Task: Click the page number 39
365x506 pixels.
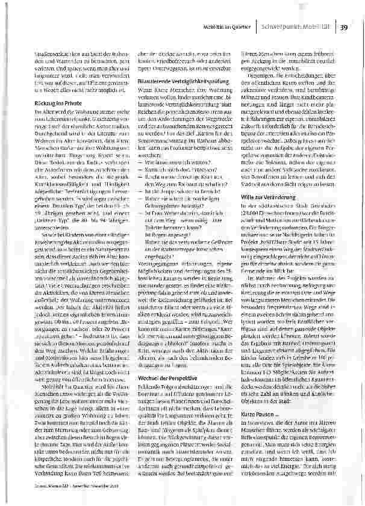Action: coord(343,26)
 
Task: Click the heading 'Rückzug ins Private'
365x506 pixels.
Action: coord(59,104)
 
